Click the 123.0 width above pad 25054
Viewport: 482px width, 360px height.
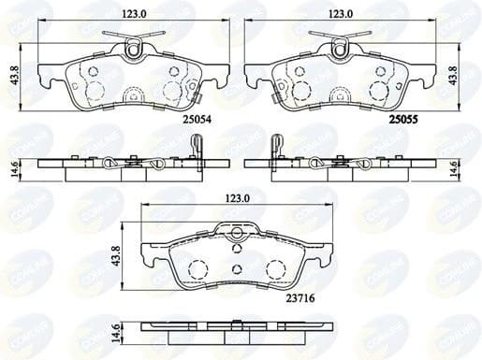(131, 12)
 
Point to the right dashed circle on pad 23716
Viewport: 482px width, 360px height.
(274, 270)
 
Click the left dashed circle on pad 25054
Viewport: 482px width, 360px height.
(95, 91)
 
